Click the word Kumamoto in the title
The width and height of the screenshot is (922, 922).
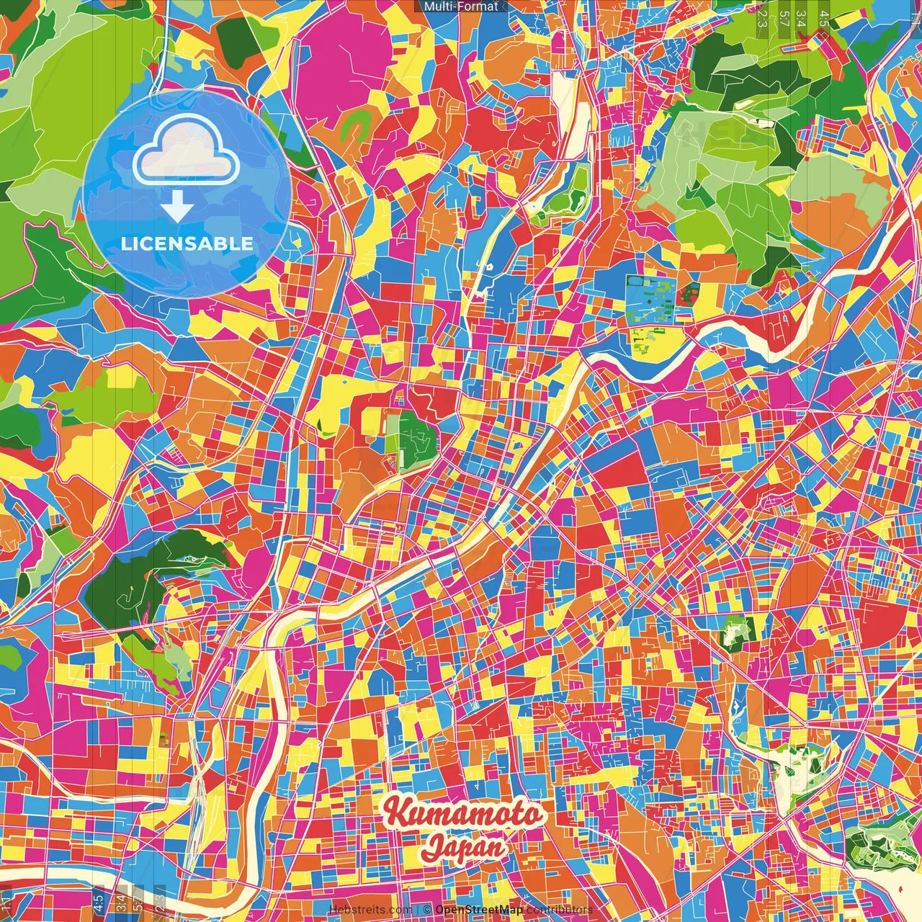(x=462, y=814)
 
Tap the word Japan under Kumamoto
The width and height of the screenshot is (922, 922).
(x=463, y=846)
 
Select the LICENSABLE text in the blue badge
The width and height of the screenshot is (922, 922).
(x=187, y=243)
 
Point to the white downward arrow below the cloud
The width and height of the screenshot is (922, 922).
(x=177, y=207)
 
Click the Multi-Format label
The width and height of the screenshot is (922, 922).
(x=460, y=6)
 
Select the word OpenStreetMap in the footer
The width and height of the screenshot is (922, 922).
(x=479, y=910)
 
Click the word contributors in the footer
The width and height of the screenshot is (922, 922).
(x=560, y=910)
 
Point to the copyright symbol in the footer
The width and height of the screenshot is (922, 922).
(x=427, y=910)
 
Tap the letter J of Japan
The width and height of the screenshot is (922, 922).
(x=433, y=847)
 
